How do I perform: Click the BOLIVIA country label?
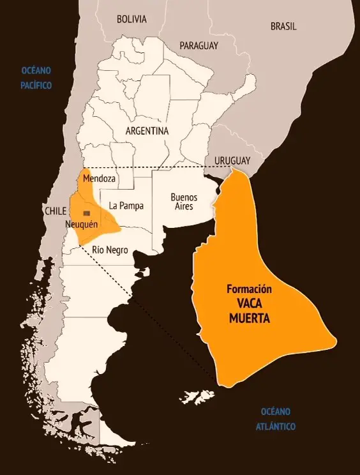pyautogui.click(x=131, y=19)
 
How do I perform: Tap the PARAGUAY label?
pyautogui.click(x=199, y=46)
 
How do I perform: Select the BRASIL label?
pyautogui.click(x=283, y=27)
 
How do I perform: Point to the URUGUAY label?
pyautogui.click(x=232, y=160)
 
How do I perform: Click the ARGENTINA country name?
pyautogui.click(x=147, y=131)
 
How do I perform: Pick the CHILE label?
pyautogui.click(x=56, y=211)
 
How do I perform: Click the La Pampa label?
pyautogui.click(x=126, y=206)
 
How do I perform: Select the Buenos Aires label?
pyautogui.click(x=184, y=201)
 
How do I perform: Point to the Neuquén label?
pyautogui.click(x=81, y=224)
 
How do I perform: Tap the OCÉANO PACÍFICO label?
pyautogui.click(x=36, y=77)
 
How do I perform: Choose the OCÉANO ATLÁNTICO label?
pyautogui.click(x=278, y=419)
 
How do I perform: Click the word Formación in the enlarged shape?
pyautogui.click(x=253, y=289)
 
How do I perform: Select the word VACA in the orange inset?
pyautogui.click(x=250, y=304)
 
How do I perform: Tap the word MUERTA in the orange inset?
pyautogui.click(x=250, y=318)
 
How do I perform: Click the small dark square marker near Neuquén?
pyautogui.click(x=87, y=213)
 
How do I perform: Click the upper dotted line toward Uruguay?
pyautogui.click(x=160, y=167)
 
